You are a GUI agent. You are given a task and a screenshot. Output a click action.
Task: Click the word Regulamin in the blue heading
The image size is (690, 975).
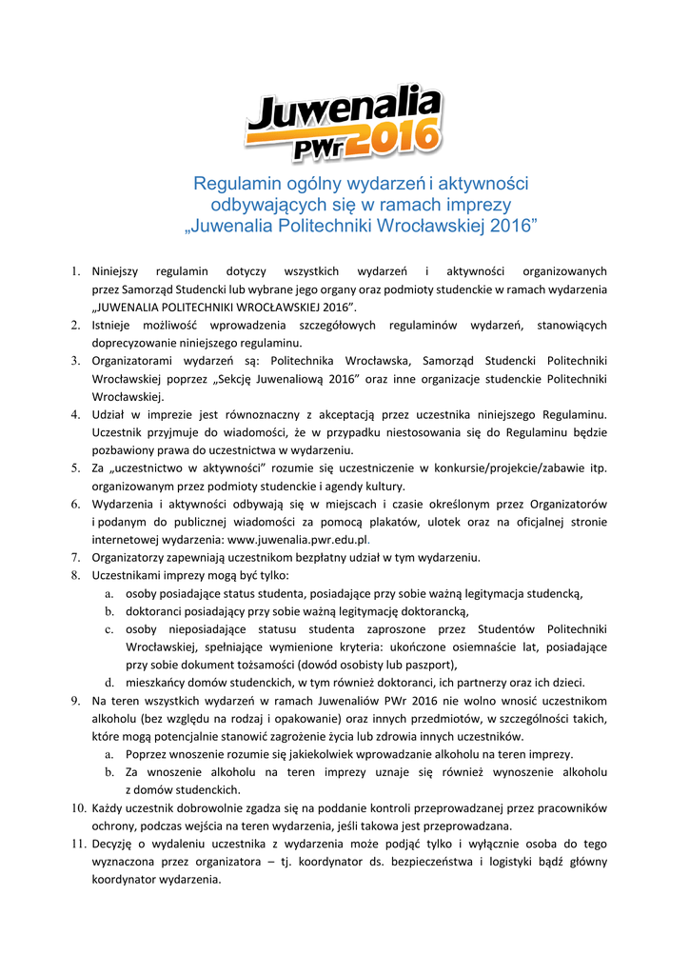tap(230, 183)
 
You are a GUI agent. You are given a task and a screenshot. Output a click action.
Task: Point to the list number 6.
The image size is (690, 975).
tap(74, 504)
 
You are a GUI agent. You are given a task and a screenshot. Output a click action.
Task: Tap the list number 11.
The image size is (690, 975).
tap(76, 845)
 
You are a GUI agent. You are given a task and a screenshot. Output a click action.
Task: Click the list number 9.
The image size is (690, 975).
tap(74, 701)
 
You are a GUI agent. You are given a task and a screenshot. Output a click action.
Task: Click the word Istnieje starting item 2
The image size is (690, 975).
tap(113, 326)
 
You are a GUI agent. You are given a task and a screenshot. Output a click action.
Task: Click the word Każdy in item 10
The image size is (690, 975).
tap(108, 807)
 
